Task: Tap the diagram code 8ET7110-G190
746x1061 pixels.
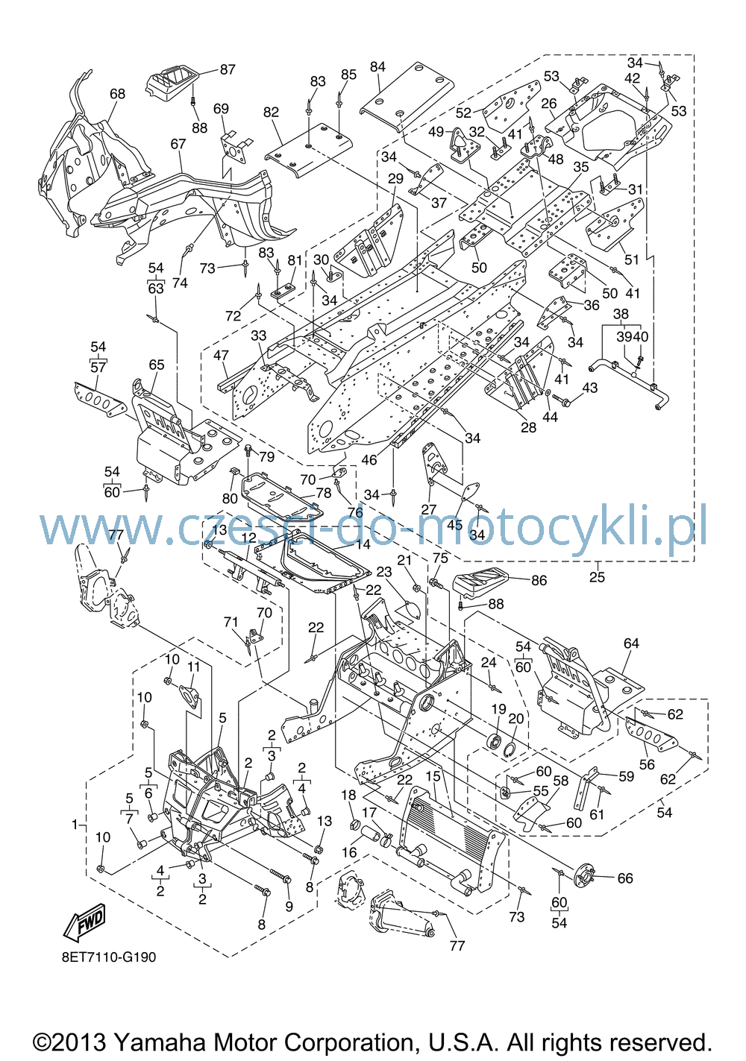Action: [x=109, y=957]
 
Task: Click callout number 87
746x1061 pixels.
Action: [x=228, y=69]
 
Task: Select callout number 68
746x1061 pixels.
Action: [x=118, y=94]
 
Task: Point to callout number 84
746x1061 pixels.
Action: [x=377, y=67]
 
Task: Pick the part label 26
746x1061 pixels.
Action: [x=549, y=103]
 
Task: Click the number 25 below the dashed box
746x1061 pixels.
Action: [x=597, y=577]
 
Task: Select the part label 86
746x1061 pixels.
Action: [x=539, y=580]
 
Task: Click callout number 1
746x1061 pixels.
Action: [x=75, y=825]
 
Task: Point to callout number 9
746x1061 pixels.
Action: [x=289, y=907]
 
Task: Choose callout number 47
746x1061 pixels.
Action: [x=222, y=355]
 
